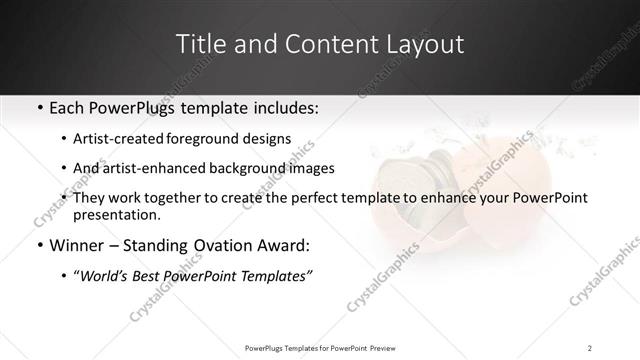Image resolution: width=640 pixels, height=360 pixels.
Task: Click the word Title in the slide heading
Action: click(x=200, y=45)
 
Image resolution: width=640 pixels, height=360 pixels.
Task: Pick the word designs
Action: click(x=269, y=138)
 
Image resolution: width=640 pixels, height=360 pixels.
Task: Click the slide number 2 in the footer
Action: click(x=590, y=347)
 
